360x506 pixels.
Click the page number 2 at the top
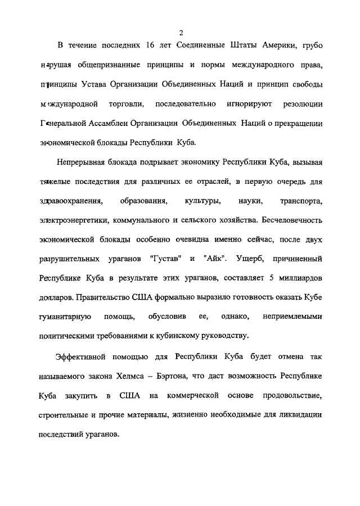[180, 33]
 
